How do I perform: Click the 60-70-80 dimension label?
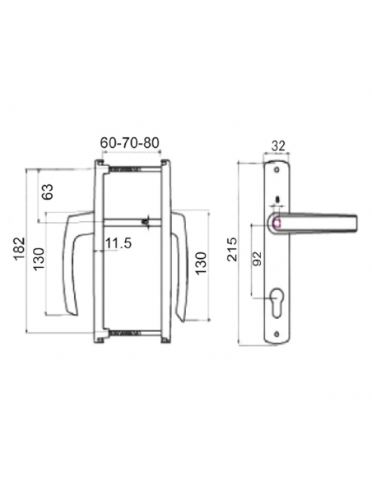130,143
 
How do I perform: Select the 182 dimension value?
19,248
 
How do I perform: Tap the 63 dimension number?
48,192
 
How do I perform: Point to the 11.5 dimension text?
119,243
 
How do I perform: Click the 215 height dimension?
232,249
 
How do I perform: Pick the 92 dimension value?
258,258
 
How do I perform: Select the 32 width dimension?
278,146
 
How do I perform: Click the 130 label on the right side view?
201,263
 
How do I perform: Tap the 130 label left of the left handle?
39,259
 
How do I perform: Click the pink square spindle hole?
277,224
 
